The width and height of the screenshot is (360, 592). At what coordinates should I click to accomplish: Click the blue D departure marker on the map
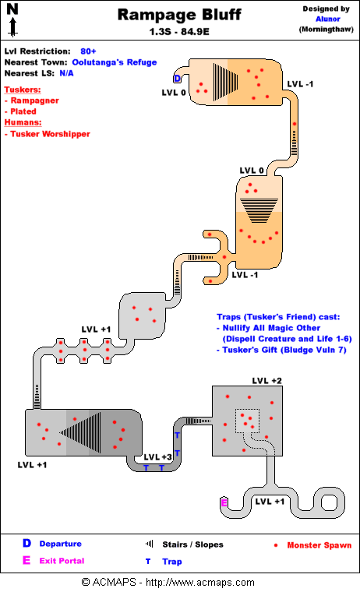coord(177,79)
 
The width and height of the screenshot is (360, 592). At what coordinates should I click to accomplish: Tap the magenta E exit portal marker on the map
coord(224,503)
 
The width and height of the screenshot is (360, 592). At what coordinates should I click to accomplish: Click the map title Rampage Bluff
coord(179,15)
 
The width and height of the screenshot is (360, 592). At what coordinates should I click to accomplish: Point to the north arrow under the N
coord(12,27)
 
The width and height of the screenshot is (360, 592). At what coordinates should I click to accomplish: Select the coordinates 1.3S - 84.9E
coord(179,32)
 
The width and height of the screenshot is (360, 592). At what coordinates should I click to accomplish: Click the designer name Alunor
coord(327,19)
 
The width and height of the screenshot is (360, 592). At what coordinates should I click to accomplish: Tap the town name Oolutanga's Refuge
coord(115,62)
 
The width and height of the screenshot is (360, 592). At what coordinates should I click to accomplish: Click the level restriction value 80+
coord(88,51)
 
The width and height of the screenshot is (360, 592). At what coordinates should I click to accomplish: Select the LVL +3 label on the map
coord(158,456)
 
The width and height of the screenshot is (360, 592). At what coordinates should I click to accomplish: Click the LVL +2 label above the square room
coord(267,381)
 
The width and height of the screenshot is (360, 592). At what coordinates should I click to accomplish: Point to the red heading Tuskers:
coord(23,90)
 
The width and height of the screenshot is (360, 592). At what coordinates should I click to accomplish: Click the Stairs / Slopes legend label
coord(192,544)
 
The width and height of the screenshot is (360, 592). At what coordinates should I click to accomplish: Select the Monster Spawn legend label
coord(319,545)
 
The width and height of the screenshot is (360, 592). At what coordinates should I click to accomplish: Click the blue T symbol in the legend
coord(148,562)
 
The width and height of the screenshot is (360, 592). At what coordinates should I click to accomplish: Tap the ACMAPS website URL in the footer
coord(200,582)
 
